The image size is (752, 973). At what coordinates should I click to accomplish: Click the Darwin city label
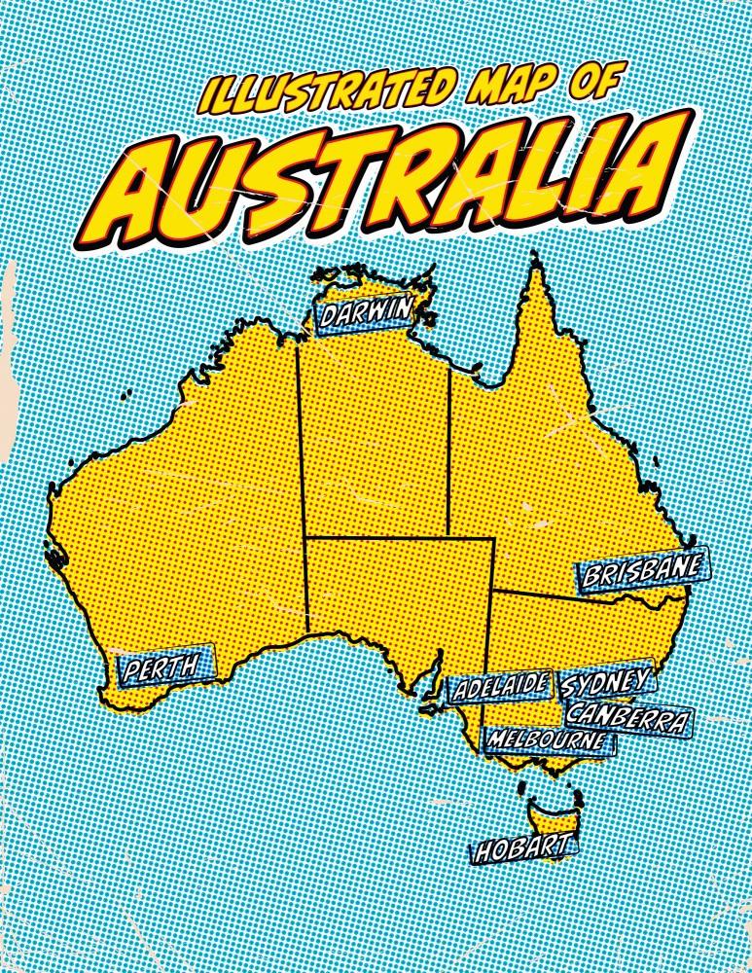366,314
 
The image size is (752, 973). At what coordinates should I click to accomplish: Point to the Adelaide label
501,687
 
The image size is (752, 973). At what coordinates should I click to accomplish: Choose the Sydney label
605,682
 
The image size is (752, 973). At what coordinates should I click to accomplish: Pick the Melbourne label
551,740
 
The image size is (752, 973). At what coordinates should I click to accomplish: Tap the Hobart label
521,850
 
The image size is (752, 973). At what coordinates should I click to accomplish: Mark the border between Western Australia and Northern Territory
301,457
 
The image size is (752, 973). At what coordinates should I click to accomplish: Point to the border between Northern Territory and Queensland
449,448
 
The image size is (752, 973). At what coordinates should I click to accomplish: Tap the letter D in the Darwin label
330,317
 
